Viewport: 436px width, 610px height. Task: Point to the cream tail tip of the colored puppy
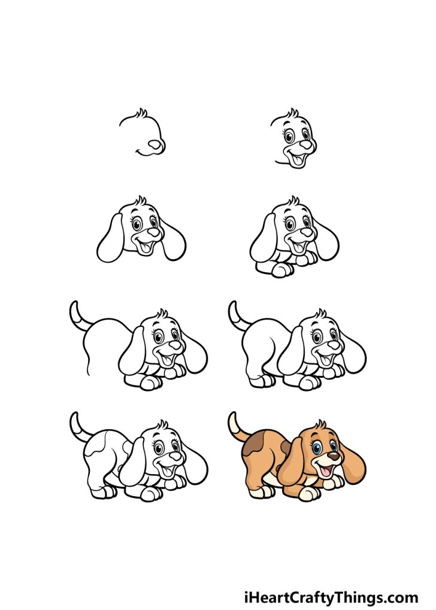pos(232,420)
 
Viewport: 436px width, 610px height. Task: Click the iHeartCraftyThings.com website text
pos(331,597)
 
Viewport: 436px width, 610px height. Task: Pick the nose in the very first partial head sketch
pos(156,144)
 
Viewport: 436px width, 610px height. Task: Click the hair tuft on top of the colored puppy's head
pos(323,425)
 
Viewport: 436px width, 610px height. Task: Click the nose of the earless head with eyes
pos(305,144)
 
